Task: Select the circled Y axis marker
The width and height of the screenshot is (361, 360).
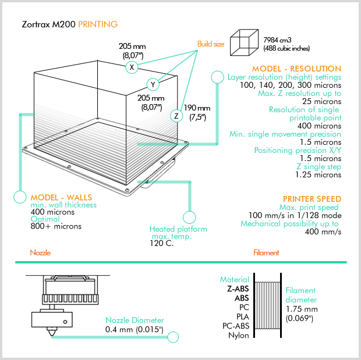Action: tap(153, 84)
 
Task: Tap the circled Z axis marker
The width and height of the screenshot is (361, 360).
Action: tap(176, 116)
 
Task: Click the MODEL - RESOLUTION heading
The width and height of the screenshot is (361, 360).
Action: tap(296, 69)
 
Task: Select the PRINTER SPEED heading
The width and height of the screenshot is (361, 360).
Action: tap(312, 199)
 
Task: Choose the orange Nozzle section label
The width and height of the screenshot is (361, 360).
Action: tap(41, 253)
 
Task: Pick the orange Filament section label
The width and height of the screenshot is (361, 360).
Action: tap(266, 253)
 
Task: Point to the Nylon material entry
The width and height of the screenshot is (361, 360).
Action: tap(238, 335)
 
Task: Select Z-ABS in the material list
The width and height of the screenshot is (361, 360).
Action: tap(238, 288)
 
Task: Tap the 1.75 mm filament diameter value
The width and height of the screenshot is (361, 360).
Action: tap(302, 309)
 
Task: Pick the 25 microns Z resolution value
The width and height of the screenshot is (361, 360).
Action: tap(320, 101)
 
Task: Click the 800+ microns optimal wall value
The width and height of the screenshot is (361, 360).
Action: tap(56, 226)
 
